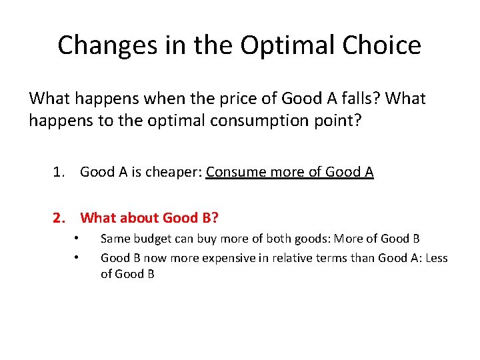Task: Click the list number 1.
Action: (x=59, y=172)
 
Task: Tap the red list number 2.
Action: (x=59, y=217)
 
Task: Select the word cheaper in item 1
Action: (x=175, y=172)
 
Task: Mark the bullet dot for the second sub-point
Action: (x=77, y=257)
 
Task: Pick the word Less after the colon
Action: (x=435, y=257)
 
